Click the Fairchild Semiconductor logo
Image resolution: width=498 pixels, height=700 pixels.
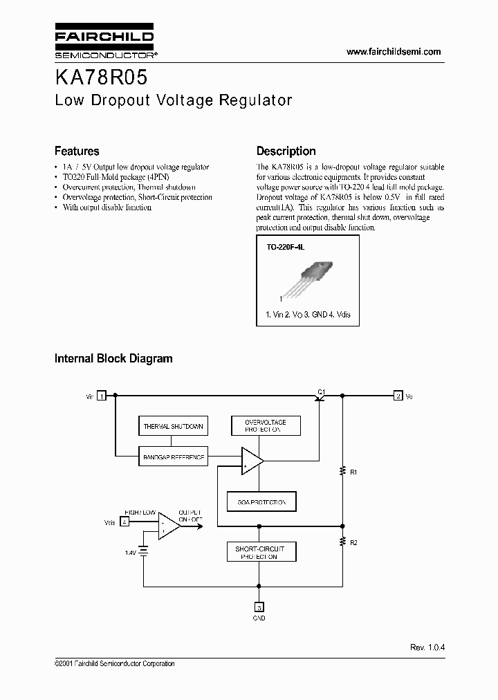104,42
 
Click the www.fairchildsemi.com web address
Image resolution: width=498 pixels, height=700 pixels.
393,52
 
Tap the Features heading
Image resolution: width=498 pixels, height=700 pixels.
77,151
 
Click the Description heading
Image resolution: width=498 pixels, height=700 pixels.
286,151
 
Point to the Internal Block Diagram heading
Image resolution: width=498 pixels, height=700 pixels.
113,358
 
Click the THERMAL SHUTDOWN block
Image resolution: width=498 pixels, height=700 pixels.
172,426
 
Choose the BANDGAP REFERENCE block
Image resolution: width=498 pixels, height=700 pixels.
172,457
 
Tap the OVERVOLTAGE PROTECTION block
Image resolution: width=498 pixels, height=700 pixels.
266,425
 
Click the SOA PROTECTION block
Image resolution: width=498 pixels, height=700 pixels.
261,501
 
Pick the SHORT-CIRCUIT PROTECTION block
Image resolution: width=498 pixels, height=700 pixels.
261,551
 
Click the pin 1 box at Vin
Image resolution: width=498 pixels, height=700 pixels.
102,396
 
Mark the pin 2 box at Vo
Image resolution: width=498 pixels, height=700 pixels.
398,396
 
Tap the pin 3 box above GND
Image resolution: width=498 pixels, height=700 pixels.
259,606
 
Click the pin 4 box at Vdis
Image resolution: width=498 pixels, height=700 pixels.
124,522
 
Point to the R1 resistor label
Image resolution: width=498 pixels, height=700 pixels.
354,472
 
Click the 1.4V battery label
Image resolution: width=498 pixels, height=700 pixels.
129,552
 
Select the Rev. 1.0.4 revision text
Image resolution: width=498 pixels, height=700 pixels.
427,647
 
